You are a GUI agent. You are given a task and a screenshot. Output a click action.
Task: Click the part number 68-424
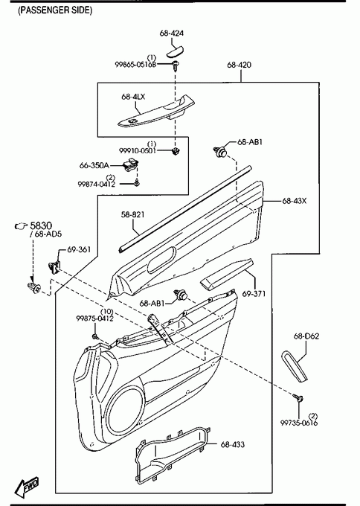[x=172, y=33]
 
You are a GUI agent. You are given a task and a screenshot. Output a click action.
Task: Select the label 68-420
[x=239, y=65]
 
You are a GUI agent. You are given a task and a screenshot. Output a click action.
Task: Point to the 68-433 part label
[x=233, y=444]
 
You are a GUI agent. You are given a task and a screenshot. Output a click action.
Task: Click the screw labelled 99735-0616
[x=298, y=397]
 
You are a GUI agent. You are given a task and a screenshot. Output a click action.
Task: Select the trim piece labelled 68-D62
[x=295, y=366]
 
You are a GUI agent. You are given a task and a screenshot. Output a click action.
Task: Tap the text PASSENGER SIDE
[x=55, y=10]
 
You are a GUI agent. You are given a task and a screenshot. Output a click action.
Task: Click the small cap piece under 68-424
[x=175, y=51]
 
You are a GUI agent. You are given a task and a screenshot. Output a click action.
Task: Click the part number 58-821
[x=132, y=214]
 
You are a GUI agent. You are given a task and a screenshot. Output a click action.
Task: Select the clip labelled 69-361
[x=54, y=267]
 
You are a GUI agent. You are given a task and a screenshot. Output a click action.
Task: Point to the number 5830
[x=41, y=225]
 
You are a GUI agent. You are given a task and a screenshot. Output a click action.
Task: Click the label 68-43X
[x=295, y=201]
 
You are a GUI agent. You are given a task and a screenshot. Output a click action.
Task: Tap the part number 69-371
[x=254, y=294]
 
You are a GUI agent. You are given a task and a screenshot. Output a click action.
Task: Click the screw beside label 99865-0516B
[x=176, y=65]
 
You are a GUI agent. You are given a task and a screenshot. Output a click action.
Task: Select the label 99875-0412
[x=95, y=318]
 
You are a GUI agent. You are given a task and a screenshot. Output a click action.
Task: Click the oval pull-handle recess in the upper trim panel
[x=161, y=260]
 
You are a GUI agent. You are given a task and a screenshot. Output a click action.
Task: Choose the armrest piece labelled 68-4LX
[x=156, y=111]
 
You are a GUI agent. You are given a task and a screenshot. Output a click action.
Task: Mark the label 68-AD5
[x=48, y=234]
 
